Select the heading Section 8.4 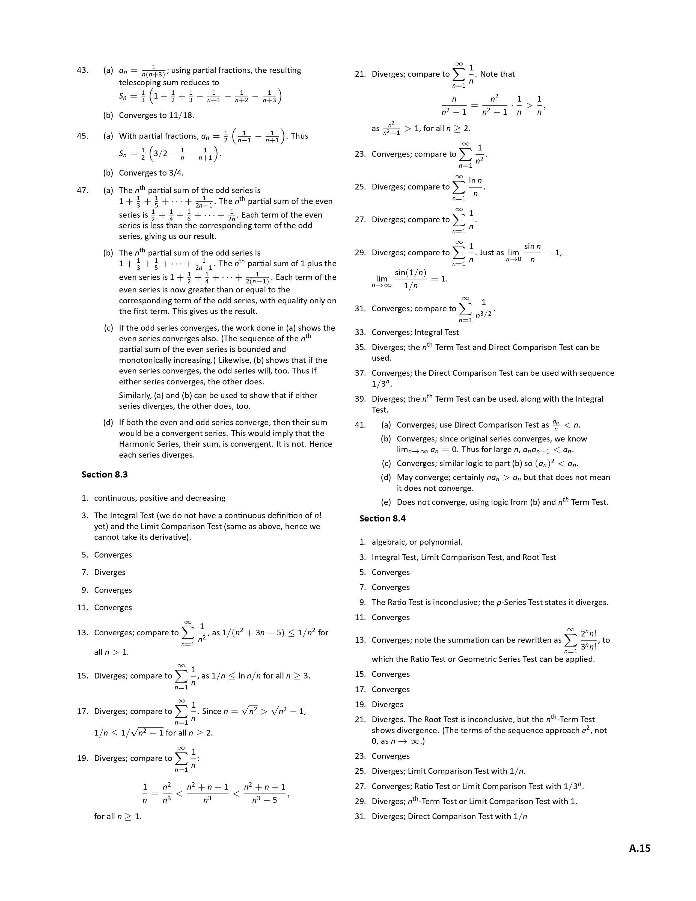(382, 518)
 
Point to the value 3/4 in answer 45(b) (176, 173)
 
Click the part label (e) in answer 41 (386, 502)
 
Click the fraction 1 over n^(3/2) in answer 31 (484, 309)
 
